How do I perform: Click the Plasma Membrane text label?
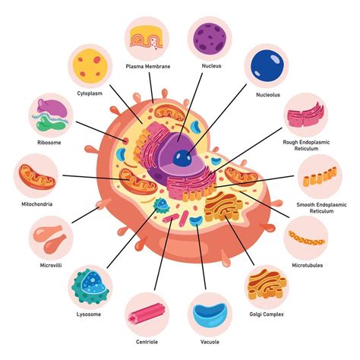pyautogui.click(x=148, y=66)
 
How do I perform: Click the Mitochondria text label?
pyautogui.click(x=36, y=204)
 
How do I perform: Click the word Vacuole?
pyautogui.click(x=206, y=340)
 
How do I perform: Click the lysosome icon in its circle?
pyautogui.click(x=90, y=286)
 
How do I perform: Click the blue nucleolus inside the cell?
pyautogui.click(x=181, y=157)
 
